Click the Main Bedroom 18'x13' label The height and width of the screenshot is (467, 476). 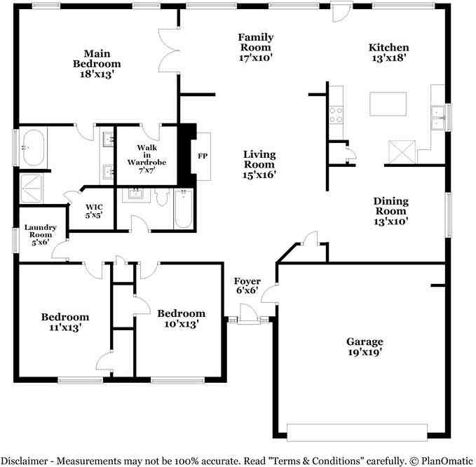97,64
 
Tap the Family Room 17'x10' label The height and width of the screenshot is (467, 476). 256,48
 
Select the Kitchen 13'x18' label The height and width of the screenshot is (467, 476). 389,52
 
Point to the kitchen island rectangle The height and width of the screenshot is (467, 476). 388,104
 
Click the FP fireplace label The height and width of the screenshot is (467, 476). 203,156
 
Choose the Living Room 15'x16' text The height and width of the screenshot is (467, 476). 259,164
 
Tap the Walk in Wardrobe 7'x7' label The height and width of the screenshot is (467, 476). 147,158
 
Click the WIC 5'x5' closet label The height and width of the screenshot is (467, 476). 94,211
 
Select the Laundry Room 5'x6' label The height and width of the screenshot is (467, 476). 41,235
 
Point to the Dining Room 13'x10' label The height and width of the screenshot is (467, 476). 391,211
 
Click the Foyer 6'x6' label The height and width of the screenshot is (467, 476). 247,285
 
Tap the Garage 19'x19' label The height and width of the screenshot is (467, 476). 365,346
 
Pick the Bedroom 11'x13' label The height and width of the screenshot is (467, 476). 65,322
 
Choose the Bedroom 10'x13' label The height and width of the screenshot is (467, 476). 182,318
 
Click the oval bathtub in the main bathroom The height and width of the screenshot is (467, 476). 34,148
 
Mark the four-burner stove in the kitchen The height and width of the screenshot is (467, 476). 336,115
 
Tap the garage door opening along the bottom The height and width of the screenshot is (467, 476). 357,433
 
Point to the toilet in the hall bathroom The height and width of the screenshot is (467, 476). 162,196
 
